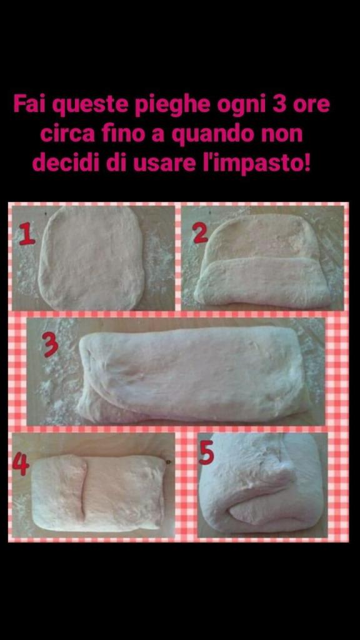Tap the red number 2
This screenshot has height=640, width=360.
click(x=201, y=234)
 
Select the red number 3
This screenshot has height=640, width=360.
click(x=51, y=344)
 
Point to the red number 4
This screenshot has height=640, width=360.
click(x=21, y=464)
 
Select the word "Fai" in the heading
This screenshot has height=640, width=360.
click(x=31, y=104)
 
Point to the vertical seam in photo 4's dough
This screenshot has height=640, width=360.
click(x=84, y=490)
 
